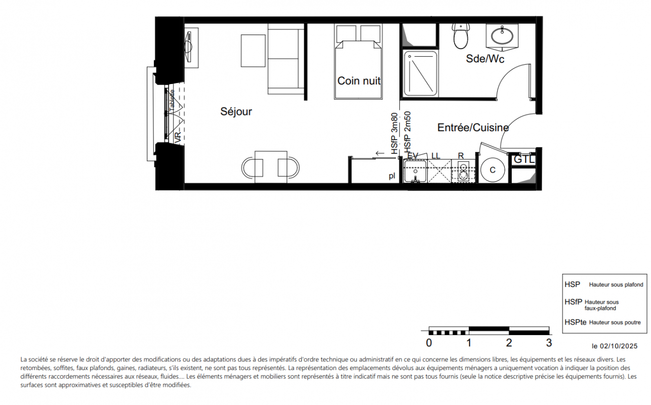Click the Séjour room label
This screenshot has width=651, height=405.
[236, 112]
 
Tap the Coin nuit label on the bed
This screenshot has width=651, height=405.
[359, 81]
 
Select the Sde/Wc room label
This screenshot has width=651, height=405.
[485, 59]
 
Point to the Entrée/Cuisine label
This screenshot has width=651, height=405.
[473, 128]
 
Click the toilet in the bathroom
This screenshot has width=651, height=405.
[461, 36]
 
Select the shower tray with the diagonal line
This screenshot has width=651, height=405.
[420, 73]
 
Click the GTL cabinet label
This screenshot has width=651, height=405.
[524, 159]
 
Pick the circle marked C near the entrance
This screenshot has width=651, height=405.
[493, 170]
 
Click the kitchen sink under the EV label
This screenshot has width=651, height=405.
[415, 171]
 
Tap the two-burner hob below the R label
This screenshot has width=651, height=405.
[463, 172]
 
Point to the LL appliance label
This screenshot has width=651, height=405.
[436, 156]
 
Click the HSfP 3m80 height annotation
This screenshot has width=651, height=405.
[394, 134]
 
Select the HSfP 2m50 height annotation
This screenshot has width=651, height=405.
[408, 132]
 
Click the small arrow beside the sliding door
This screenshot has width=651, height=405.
[380, 153]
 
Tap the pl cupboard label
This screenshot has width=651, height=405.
[392, 176]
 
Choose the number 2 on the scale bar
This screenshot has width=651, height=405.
[509, 343]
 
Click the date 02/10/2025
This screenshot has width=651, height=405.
[619, 346]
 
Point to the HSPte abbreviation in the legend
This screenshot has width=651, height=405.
[576, 322]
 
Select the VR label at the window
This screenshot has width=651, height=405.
[178, 137]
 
